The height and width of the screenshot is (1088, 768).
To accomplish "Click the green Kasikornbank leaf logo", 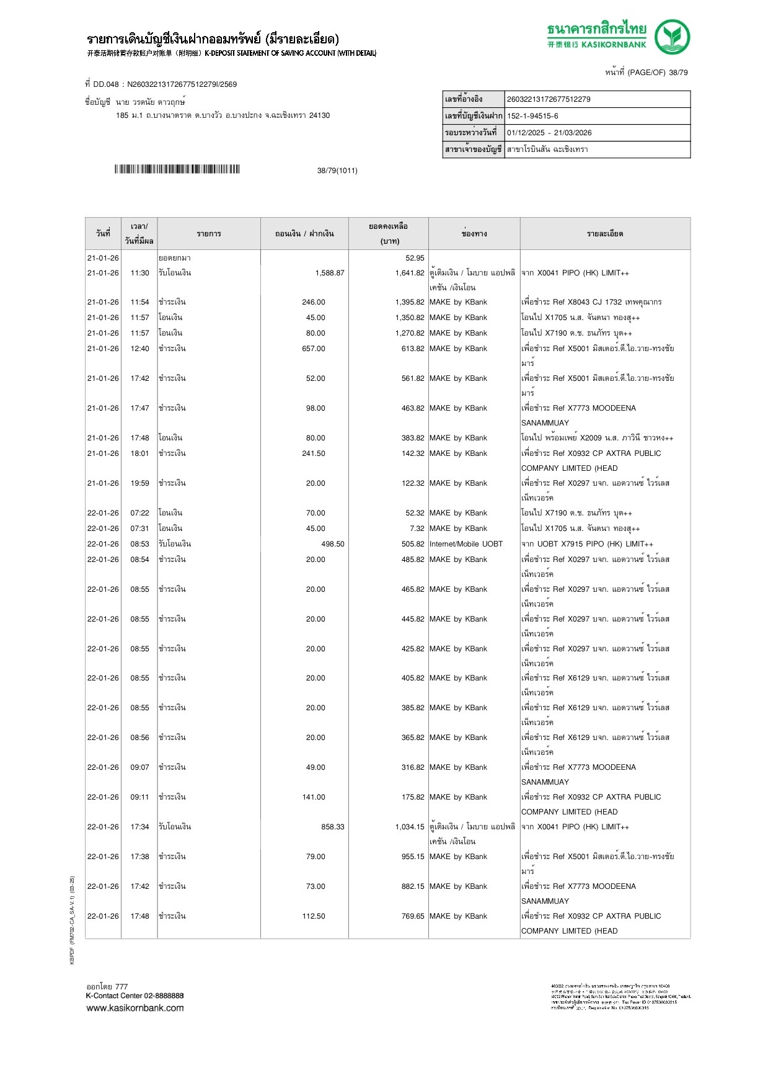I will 672,37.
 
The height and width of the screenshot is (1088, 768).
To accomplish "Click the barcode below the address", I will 177,169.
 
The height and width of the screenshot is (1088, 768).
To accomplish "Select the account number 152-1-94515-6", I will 532,116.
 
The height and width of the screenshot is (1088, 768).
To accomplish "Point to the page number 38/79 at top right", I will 678,73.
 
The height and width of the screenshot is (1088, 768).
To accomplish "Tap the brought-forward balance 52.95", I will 415,258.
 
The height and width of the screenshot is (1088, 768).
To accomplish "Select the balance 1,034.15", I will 409,827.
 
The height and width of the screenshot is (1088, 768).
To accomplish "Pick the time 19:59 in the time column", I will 139,483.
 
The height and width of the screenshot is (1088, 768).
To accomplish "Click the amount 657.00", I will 314,349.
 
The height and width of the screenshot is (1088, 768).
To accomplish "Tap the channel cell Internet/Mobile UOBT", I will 466,544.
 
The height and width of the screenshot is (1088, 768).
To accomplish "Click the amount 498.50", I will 332,544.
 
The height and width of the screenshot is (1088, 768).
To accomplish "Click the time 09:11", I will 139,797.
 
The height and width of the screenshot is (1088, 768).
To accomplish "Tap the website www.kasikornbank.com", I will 135,1007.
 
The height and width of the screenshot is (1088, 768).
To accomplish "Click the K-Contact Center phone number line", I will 135,996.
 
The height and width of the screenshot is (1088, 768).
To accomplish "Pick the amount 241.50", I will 314,453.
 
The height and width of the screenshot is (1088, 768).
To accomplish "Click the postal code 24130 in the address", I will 319,115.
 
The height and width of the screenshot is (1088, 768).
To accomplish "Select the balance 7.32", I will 417,528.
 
